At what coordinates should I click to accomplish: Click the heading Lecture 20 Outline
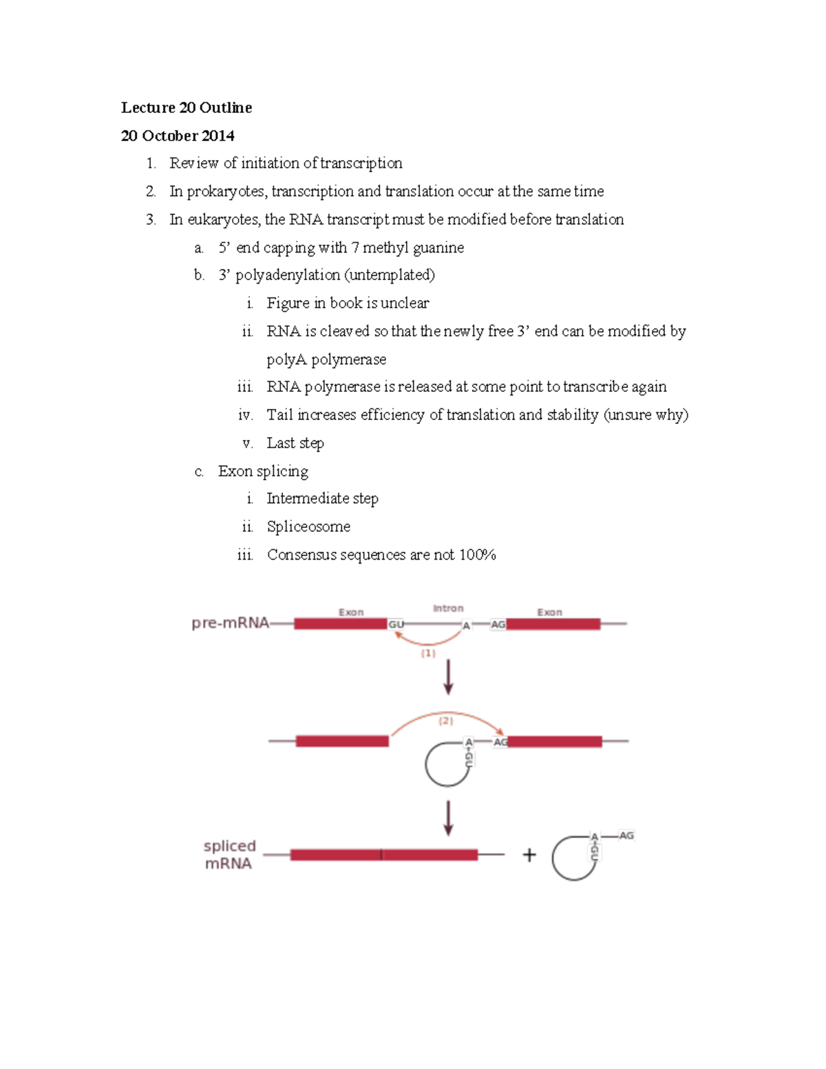point(187,107)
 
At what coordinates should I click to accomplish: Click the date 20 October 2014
point(178,136)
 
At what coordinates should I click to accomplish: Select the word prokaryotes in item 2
point(226,191)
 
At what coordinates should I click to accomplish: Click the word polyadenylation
point(288,275)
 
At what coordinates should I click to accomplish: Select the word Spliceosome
point(308,527)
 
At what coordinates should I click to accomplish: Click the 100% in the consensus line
point(478,555)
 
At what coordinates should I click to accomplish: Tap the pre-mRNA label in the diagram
point(230,623)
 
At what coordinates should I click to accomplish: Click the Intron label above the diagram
point(448,608)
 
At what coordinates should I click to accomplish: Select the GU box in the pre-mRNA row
point(396,624)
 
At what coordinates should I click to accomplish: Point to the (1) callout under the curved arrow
point(428,653)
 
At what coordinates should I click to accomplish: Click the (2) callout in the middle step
point(446,721)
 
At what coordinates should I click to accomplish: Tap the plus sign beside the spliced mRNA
point(529,855)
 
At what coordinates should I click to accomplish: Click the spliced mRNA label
point(229,854)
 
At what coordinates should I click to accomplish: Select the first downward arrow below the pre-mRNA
point(448,677)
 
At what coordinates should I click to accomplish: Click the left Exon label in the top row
point(351,612)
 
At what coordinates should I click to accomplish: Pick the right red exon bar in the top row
point(553,624)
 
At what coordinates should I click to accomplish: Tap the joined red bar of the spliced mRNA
point(383,855)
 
